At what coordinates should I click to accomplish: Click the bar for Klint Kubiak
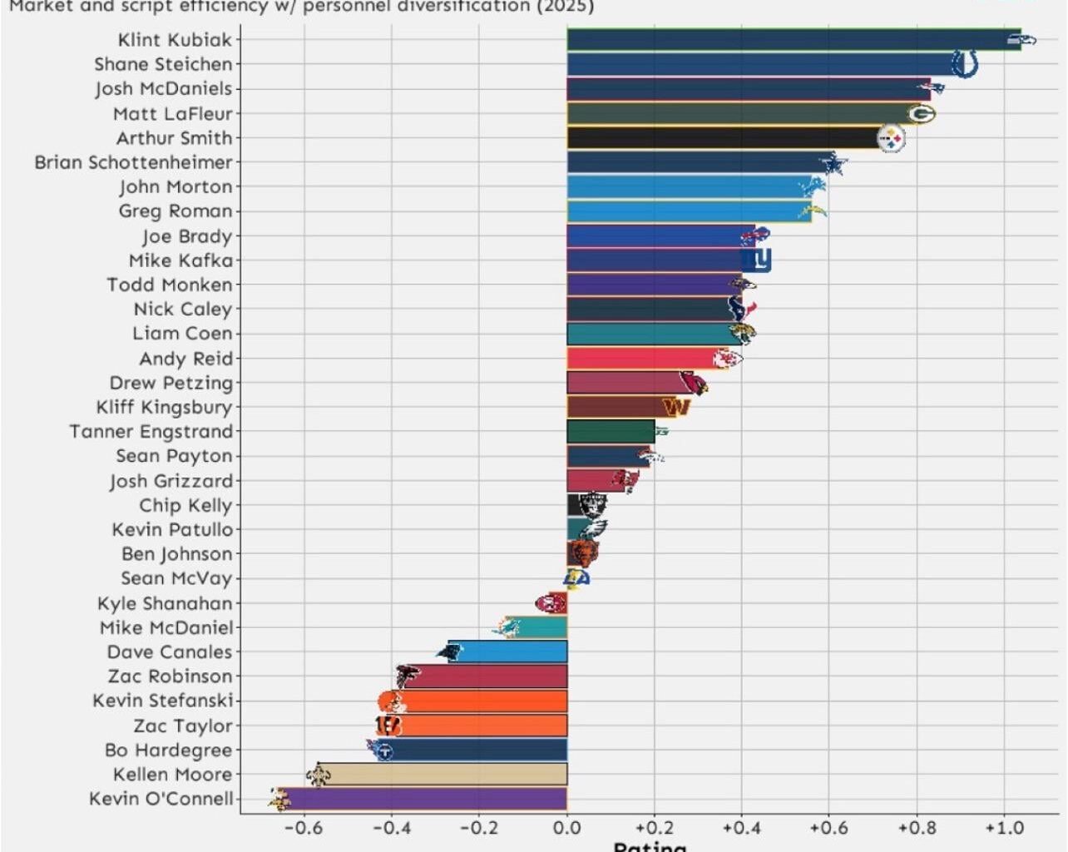[x=790, y=40]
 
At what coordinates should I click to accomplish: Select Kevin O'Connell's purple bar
[x=424, y=799]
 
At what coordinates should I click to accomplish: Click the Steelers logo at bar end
[x=892, y=139]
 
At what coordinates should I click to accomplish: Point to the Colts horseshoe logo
[x=964, y=64]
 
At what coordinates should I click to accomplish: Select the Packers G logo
[x=921, y=114]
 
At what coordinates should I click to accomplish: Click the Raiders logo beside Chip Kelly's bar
[x=593, y=505]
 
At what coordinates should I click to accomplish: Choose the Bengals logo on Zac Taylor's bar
[x=388, y=726]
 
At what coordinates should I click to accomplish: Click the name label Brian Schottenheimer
[x=133, y=162]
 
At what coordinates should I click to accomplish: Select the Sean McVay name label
[x=176, y=578]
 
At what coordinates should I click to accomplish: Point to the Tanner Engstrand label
[x=151, y=432]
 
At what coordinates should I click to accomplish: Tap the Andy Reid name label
[x=185, y=359]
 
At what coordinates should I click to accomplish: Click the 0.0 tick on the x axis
[x=566, y=828]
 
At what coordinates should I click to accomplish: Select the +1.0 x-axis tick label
[x=1004, y=828]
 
